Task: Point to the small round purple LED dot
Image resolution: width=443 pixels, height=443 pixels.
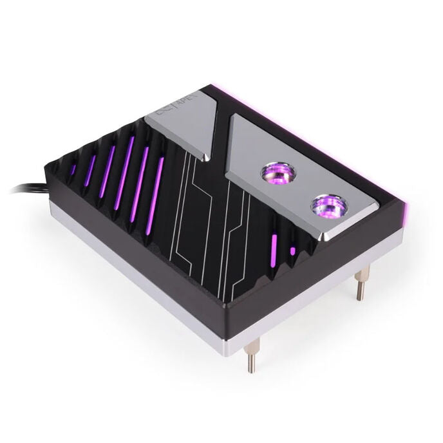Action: click(x=293, y=250)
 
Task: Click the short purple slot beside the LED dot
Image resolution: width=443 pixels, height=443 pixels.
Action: click(x=275, y=247)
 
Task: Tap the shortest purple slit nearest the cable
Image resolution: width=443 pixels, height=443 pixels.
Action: click(x=73, y=169)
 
